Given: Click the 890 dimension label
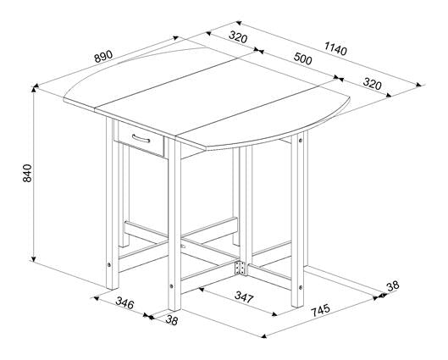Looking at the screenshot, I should [103, 58].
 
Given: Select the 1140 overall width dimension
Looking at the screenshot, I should [336, 50].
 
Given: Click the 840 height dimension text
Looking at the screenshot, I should [27, 174].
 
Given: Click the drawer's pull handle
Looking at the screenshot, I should [140, 138].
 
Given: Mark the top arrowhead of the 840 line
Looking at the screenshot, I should [35, 88].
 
